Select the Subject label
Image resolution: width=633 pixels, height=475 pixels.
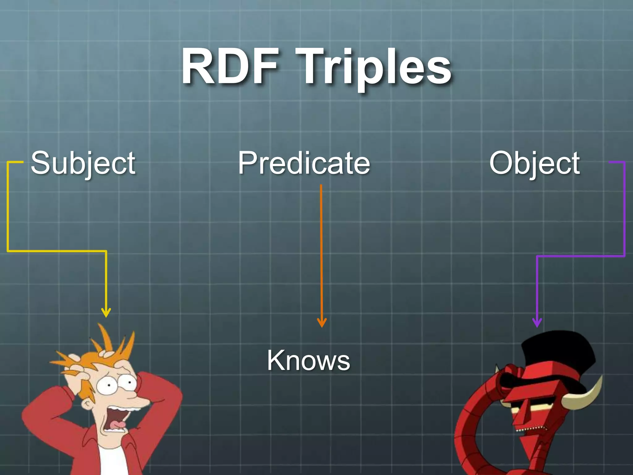(83, 163)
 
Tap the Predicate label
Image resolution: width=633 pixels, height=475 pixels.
(304, 163)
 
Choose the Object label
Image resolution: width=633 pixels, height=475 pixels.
(534, 163)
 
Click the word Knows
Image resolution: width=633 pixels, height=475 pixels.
(308, 360)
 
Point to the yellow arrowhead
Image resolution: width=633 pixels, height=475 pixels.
(106, 313)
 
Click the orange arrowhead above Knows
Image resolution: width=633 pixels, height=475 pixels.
(321, 323)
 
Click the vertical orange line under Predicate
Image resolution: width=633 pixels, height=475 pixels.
(321, 247)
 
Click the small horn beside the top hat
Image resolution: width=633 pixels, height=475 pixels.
(498, 370)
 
